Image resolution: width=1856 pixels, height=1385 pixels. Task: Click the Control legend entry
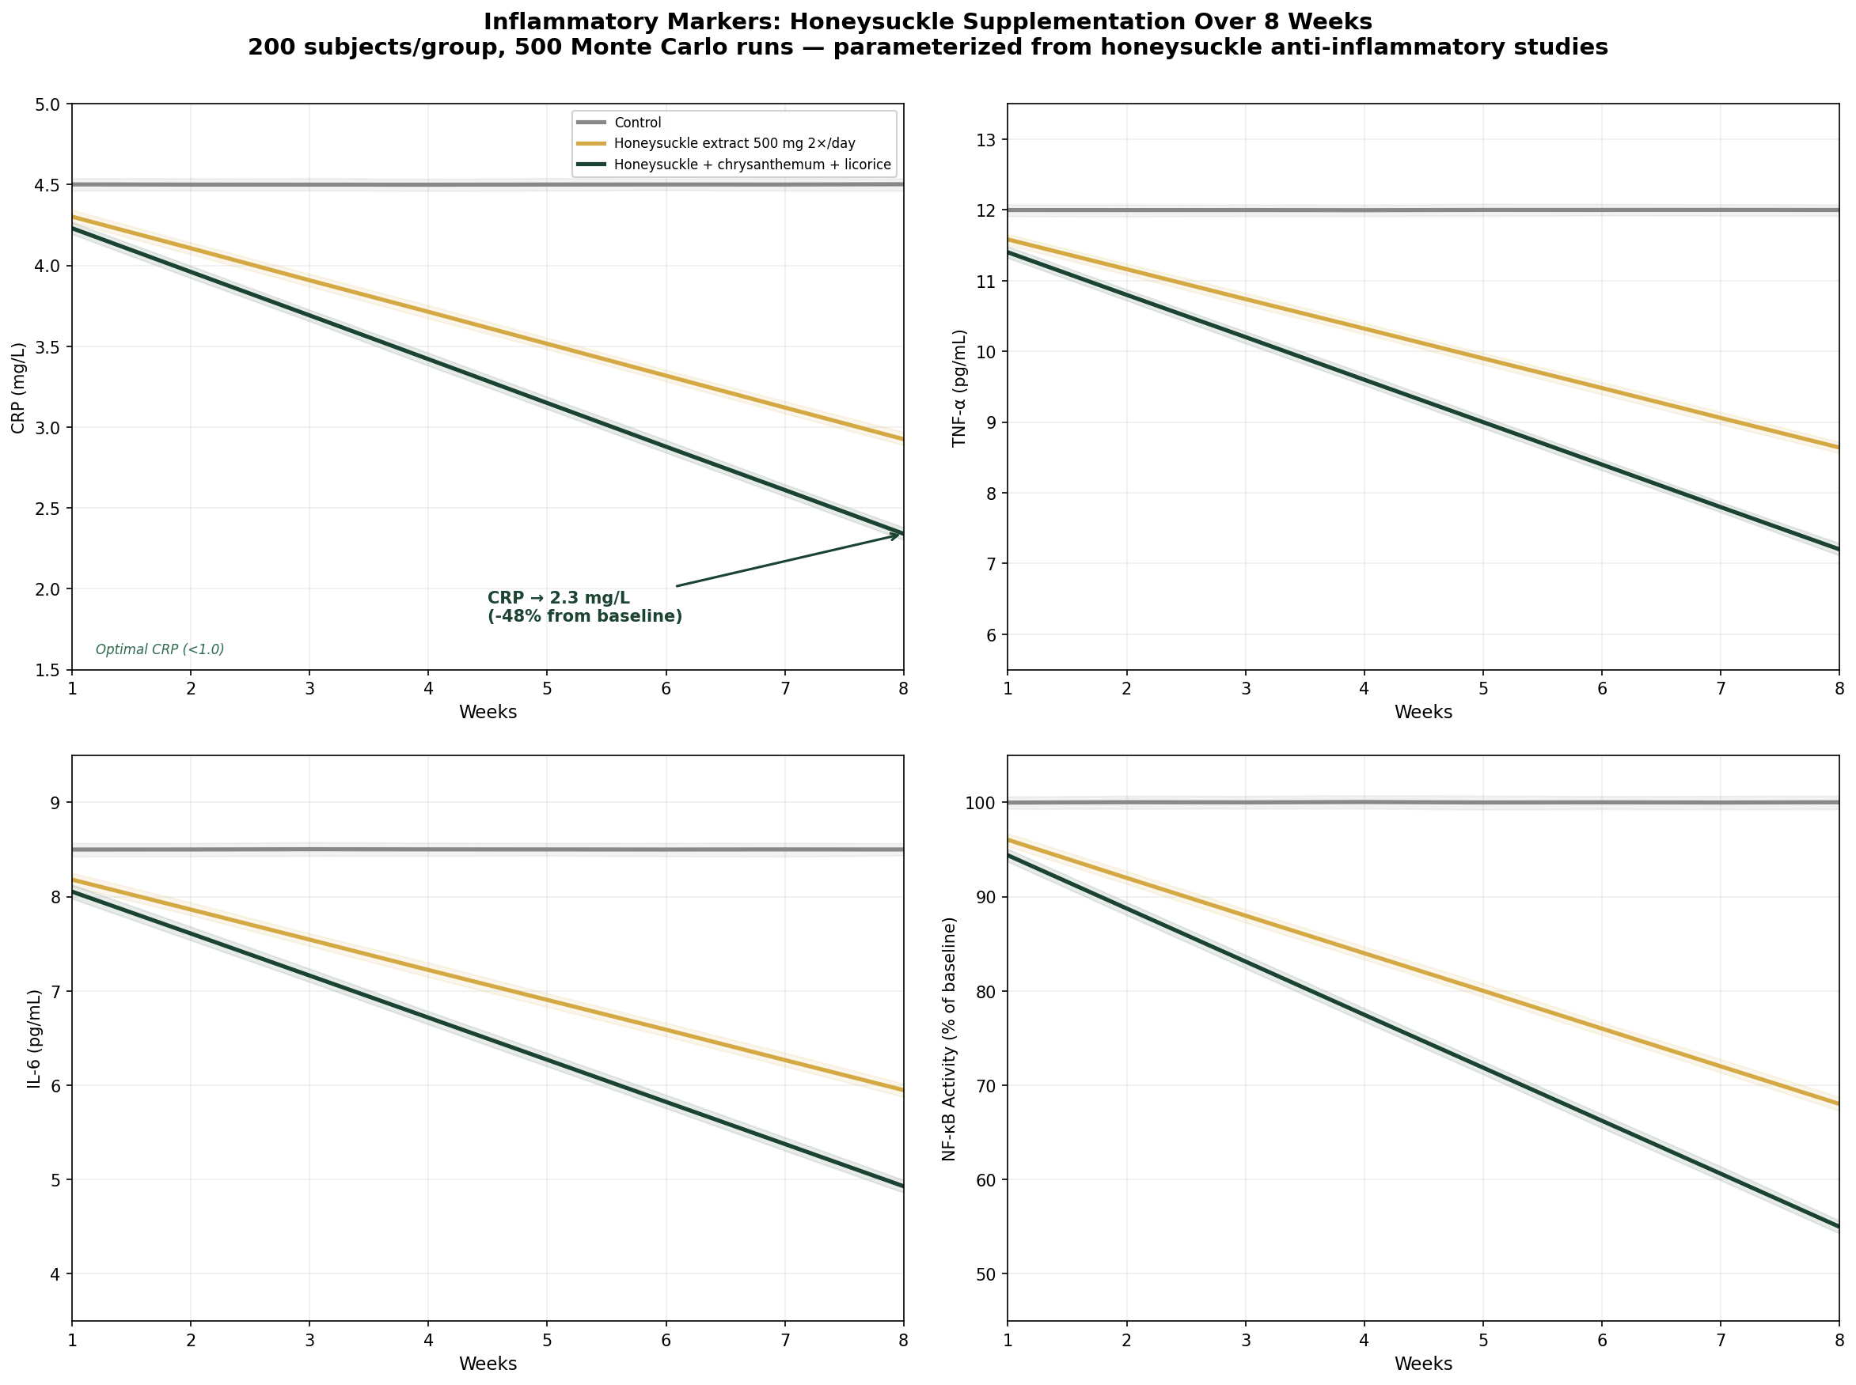point(636,123)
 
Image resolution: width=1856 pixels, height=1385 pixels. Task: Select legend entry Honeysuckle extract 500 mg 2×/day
point(734,143)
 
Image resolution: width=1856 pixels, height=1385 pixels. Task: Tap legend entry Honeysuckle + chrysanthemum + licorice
point(751,165)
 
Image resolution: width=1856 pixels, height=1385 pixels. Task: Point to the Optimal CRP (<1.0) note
point(159,649)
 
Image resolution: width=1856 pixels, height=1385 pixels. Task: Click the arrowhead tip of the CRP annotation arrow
point(900,533)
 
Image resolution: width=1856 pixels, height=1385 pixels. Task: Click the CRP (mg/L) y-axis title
point(18,388)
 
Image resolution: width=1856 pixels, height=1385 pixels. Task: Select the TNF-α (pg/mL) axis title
point(958,388)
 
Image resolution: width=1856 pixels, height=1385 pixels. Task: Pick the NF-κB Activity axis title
point(948,1039)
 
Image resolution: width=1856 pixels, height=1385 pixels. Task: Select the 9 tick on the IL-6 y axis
point(58,803)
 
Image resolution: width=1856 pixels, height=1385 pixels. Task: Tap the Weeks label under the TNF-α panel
point(1422,713)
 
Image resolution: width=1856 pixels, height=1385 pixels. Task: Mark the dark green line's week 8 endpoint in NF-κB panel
point(1839,1227)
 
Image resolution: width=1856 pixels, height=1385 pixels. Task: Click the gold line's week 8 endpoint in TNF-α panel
point(1839,448)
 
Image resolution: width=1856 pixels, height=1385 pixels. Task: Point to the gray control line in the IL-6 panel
point(487,850)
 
